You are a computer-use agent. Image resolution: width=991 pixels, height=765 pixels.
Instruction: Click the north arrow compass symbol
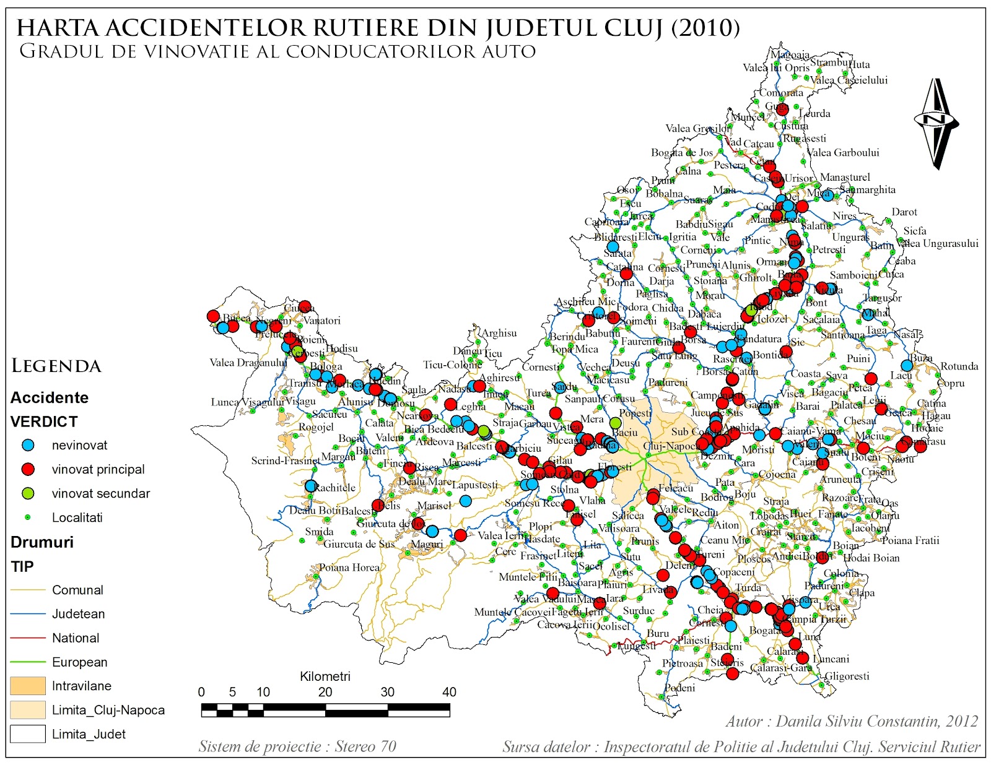coord(936,122)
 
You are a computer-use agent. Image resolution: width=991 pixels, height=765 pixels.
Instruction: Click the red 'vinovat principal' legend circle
coord(28,469)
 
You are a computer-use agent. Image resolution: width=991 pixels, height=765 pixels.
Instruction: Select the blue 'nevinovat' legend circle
coord(28,445)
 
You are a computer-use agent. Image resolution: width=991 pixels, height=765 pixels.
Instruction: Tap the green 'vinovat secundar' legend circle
coord(28,493)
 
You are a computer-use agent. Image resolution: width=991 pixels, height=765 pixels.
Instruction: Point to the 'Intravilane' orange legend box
coord(28,686)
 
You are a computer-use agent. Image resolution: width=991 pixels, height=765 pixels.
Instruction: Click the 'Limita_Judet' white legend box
coord(28,734)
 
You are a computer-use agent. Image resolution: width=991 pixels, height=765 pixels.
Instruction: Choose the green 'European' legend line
coord(28,662)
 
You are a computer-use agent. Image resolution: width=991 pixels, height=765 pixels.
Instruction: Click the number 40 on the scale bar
coord(449,692)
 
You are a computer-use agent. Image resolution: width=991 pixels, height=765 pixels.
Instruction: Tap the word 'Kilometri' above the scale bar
coord(325,676)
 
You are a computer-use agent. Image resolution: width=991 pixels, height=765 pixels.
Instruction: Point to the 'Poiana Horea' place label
coord(349,568)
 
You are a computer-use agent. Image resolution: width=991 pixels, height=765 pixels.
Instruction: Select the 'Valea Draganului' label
coord(248,363)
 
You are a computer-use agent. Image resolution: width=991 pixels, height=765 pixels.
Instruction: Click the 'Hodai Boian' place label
coord(871,558)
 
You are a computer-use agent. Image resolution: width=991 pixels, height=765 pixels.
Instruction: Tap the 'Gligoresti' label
coord(847,676)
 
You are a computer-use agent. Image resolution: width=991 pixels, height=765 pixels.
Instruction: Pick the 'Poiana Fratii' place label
coord(910,540)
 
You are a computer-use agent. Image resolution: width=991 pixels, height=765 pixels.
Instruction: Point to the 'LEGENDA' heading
coord(56,366)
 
